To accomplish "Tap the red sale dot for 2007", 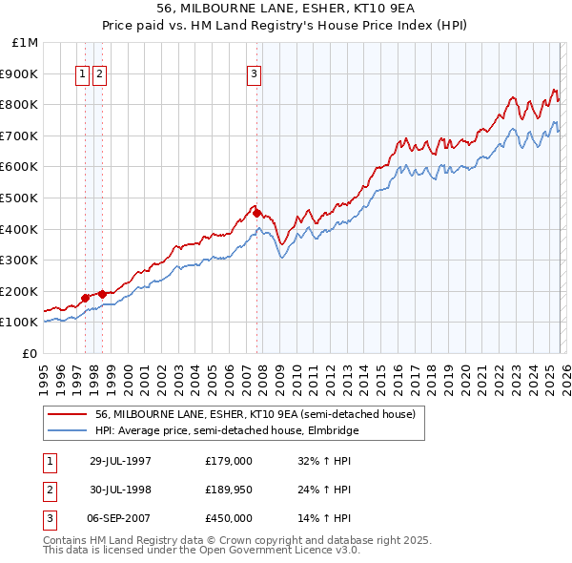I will pyautogui.click(x=257, y=214).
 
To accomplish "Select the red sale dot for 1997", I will pyautogui.click(x=86, y=298).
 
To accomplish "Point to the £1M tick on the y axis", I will pyautogui.click(x=26, y=43).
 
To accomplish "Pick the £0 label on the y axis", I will pyautogui.click(x=31, y=353).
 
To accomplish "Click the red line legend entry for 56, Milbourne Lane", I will pyautogui.click(x=255, y=415).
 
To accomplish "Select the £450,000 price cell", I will pyautogui.click(x=228, y=518).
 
